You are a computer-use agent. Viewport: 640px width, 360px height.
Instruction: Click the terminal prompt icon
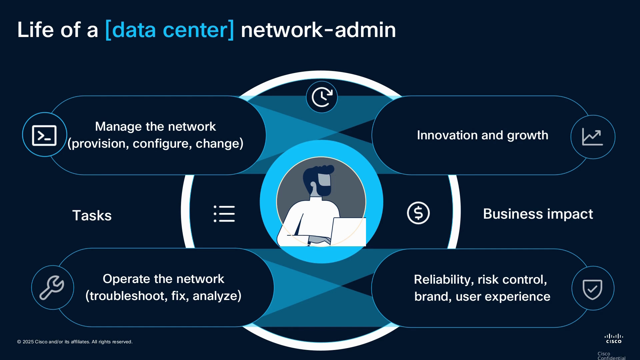(44, 135)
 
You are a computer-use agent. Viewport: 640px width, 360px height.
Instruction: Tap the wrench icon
(52, 287)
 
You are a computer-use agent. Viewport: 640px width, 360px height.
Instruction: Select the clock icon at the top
(322, 97)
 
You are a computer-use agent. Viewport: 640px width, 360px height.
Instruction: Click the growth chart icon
(592, 137)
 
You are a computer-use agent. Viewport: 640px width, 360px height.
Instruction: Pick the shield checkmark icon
(592, 289)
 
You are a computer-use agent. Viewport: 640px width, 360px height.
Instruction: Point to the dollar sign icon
(418, 213)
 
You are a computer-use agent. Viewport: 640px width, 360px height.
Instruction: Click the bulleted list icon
(224, 214)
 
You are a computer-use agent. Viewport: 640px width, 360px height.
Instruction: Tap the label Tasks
(92, 215)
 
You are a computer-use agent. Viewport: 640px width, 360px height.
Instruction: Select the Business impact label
(538, 214)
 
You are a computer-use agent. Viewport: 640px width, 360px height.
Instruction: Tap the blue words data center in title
(170, 30)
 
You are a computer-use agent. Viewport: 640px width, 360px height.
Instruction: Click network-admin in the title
(318, 30)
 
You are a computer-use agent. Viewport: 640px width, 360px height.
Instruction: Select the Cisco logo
(614, 338)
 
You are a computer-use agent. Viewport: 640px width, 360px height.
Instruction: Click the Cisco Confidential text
(611, 356)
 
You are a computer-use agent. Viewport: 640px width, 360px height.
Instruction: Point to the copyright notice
(75, 342)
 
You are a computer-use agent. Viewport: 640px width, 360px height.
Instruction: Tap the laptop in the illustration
(348, 232)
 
